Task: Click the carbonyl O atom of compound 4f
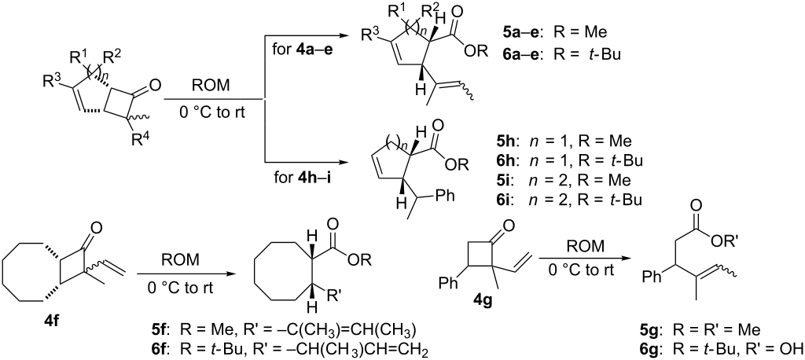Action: click(x=95, y=227)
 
